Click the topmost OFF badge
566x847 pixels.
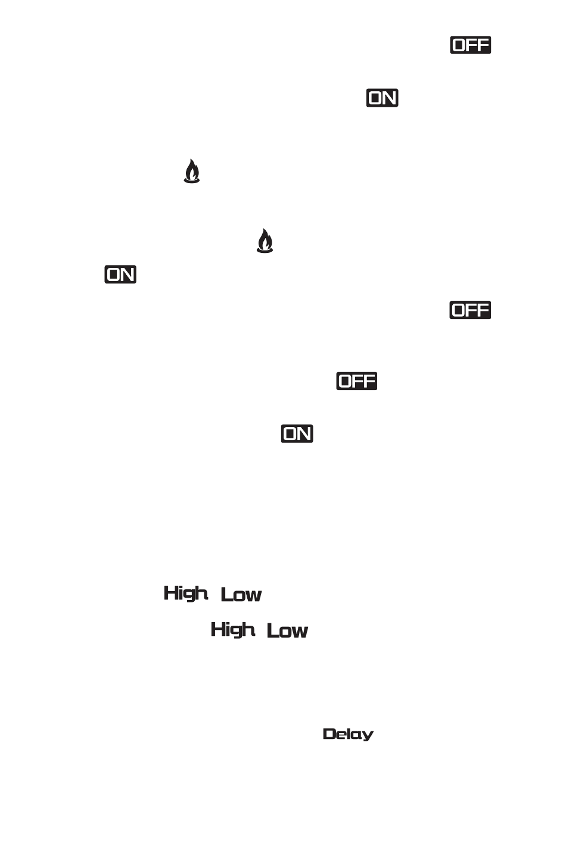click(x=470, y=45)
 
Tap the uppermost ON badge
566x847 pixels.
click(x=382, y=98)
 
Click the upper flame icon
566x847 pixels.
click(x=191, y=172)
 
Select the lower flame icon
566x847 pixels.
click(x=265, y=242)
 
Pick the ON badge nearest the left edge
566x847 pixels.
click(x=120, y=274)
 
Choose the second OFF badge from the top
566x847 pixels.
click(x=470, y=310)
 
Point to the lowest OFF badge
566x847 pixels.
click(x=356, y=381)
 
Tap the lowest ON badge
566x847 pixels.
click(x=297, y=434)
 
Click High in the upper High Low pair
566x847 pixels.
click(x=186, y=593)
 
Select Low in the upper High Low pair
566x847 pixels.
click(x=241, y=595)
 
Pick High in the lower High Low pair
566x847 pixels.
click(x=232, y=630)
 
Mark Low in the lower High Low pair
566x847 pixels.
click(x=287, y=631)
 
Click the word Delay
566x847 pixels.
click(x=348, y=734)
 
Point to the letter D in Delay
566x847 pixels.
click(x=328, y=734)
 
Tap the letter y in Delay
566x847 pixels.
click(x=368, y=736)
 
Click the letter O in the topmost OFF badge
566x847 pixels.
click(x=459, y=45)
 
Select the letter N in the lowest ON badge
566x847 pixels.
click(x=304, y=434)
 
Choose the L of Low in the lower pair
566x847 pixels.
click(x=272, y=630)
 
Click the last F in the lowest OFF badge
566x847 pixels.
click(x=369, y=381)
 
